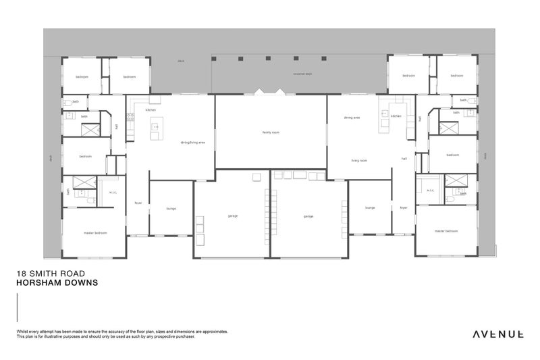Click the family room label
271,132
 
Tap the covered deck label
302,74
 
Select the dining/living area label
192,143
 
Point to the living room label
358,161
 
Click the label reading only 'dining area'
352,118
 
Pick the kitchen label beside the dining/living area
151,109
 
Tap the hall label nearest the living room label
404,159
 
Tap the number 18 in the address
20,274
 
